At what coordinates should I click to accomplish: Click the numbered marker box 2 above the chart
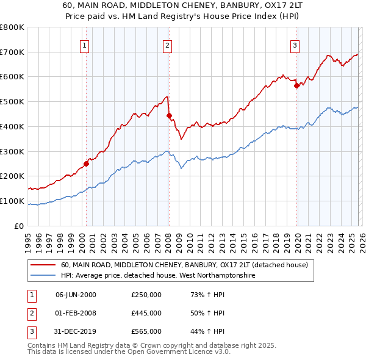tap(167, 45)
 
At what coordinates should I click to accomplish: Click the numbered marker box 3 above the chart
tap(295, 45)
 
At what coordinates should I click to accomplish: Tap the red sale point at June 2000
tap(86, 164)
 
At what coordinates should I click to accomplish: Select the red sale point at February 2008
tap(169, 115)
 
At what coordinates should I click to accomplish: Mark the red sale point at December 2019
tap(297, 85)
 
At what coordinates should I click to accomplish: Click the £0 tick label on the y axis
tap(20, 226)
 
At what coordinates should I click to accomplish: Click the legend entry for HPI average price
tap(157, 276)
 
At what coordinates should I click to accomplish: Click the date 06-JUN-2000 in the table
tap(76, 295)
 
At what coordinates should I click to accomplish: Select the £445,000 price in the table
tap(146, 313)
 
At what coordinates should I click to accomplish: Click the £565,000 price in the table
tap(146, 331)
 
